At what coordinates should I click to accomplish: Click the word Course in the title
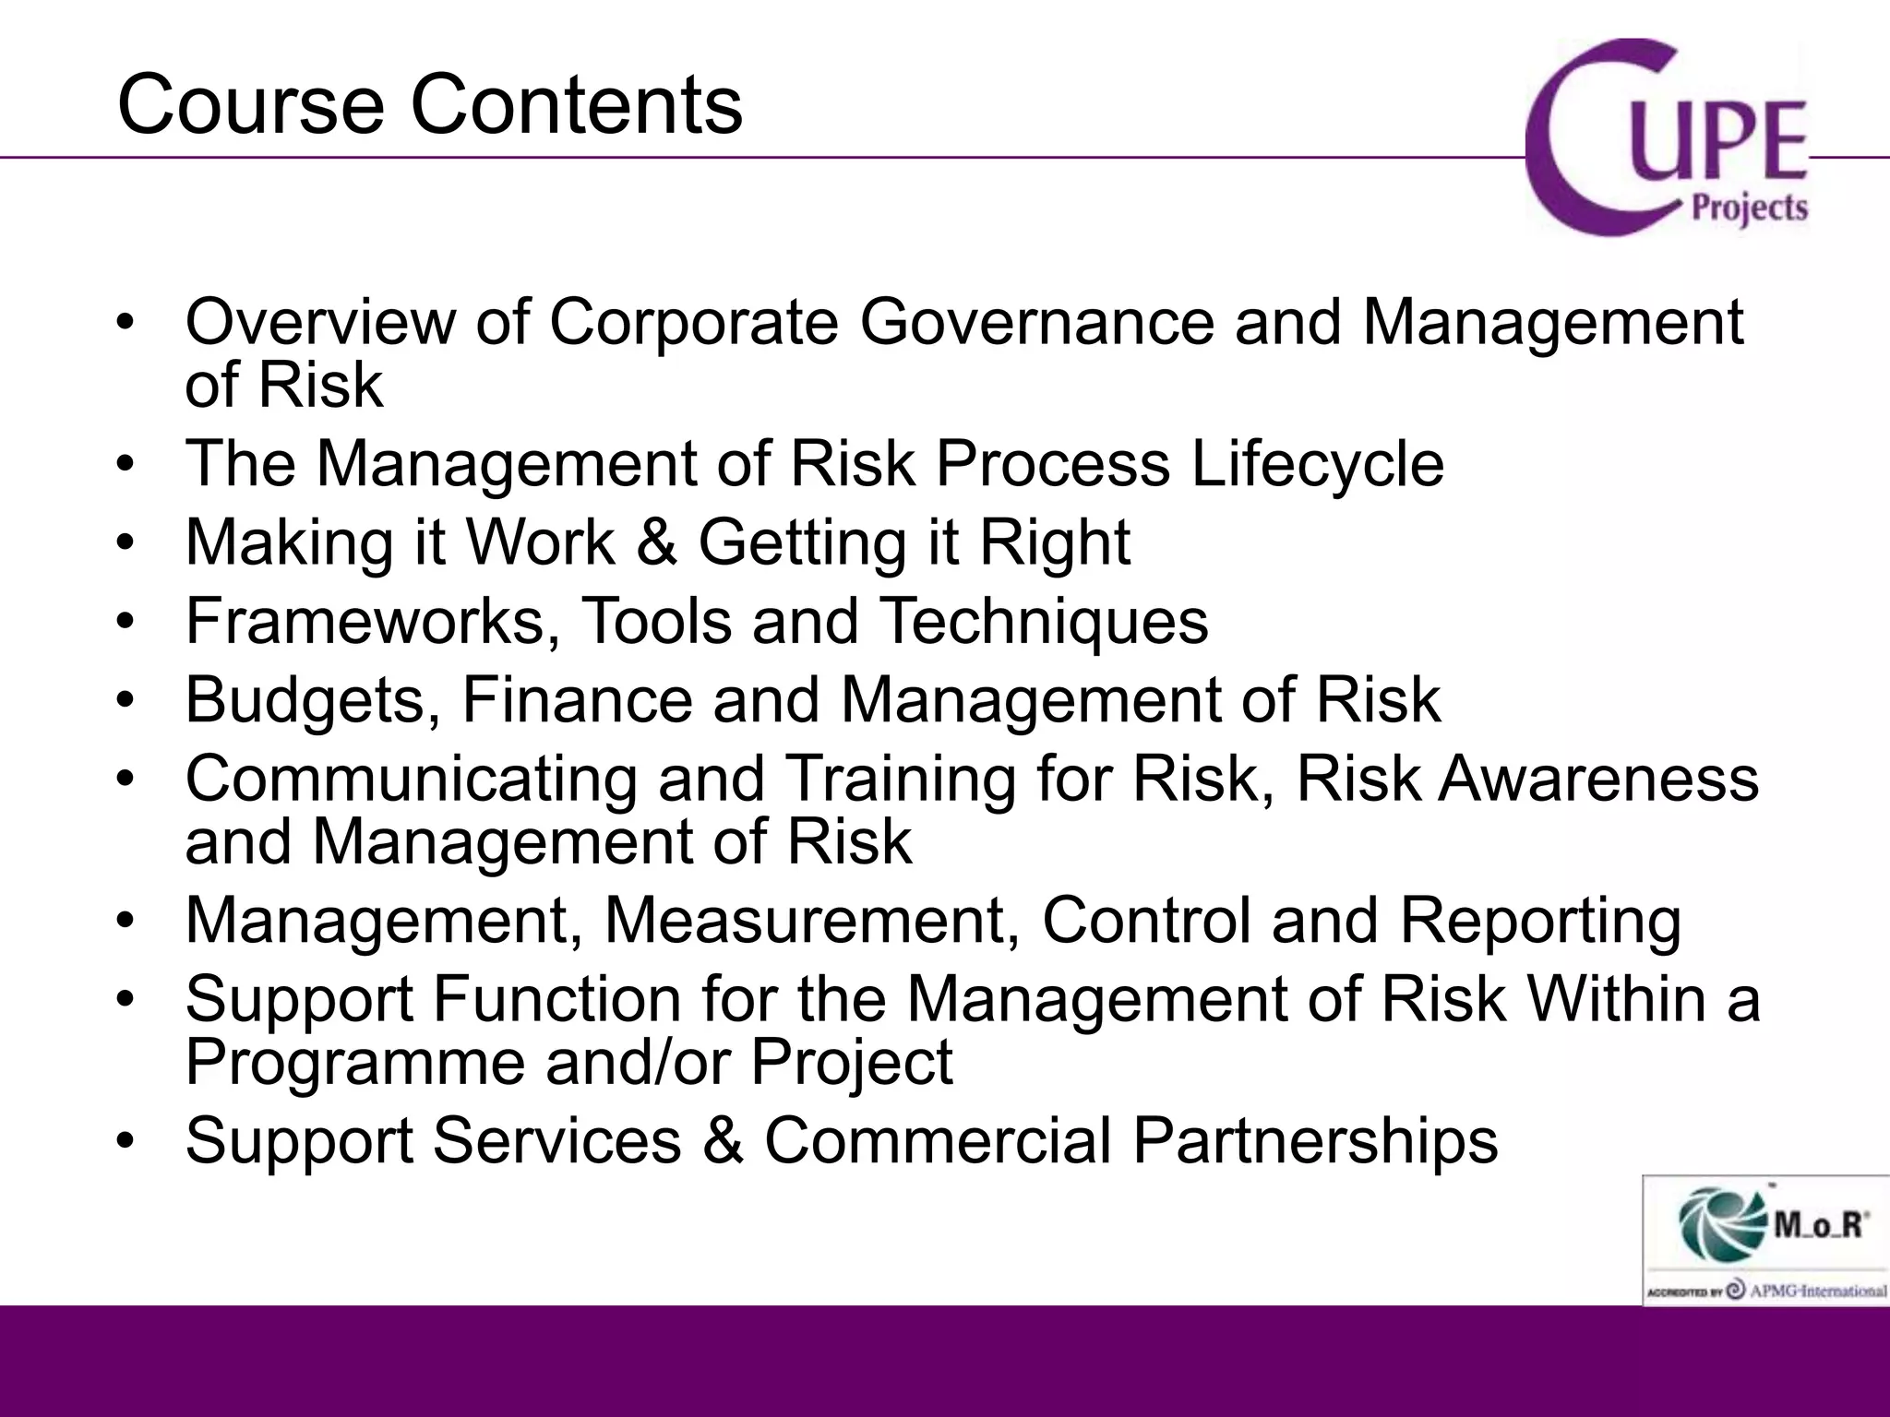pyautogui.click(x=250, y=105)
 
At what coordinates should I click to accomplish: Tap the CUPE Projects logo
pyautogui.click(x=1667, y=138)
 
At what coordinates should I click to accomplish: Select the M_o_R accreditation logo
pyautogui.click(x=1765, y=1239)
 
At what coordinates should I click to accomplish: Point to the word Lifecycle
pyautogui.click(x=1317, y=463)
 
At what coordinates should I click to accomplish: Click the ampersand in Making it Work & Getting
pyautogui.click(x=656, y=542)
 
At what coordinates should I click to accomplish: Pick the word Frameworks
pyautogui.click(x=373, y=621)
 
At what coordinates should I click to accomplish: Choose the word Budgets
pyautogui.click(x=312, y=700)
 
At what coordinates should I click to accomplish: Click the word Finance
pyautogui.click(x=576, y=699)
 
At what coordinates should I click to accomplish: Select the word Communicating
pyautogui.click(x=411, y=779)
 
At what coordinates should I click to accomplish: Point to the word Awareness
pyautogui.click(x=1598, y=779)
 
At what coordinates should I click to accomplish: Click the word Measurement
pyautogui.click(x=812, y=921)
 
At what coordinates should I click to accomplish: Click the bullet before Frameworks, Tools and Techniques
pyautogui.click(x=126, y=622)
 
